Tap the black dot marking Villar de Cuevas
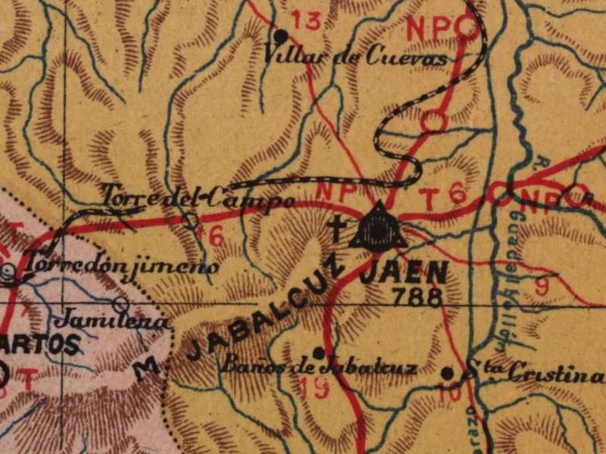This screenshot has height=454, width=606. point(281,35)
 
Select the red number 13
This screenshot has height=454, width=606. point(306,20)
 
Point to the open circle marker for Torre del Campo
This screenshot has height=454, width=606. point(192,220)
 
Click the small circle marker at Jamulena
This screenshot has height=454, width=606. point(120,304)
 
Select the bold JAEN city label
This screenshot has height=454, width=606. point(404,273)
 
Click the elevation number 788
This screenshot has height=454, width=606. point(414,296)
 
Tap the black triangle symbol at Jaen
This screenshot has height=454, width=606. point(377,228)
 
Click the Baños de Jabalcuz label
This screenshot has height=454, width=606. point(318,368)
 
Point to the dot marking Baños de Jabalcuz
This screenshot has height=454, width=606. point(319,353)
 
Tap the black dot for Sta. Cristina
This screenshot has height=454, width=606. point(448,373)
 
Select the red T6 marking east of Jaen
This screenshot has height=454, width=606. point(442,198)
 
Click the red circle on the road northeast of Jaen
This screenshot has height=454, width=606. point(433,120)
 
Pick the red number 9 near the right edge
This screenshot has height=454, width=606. point(542,286)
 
